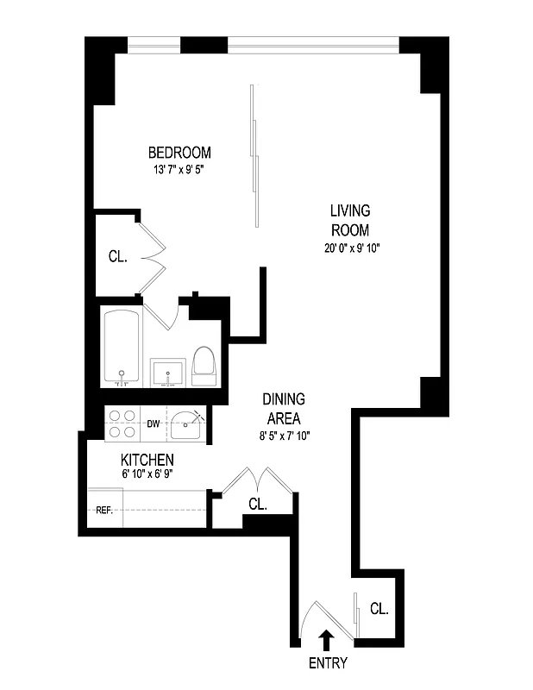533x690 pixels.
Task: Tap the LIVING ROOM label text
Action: (x=349, y=220)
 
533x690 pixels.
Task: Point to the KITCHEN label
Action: (x=147, y=460)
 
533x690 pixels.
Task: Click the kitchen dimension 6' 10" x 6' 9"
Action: (x=147, y=474)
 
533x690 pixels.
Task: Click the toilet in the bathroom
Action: (x=204, y=365)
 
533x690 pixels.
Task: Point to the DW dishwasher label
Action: (x=153, y=423)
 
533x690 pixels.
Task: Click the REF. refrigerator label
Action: (x=105, y=510)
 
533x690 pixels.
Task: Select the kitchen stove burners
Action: (x=122, y=423)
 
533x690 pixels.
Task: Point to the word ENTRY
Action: (x=327, y=663)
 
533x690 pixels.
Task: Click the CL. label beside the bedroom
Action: (x=117, y=256)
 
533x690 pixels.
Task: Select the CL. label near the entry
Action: (x=379, y=608)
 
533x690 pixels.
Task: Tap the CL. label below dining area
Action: (x=258, y=504)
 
